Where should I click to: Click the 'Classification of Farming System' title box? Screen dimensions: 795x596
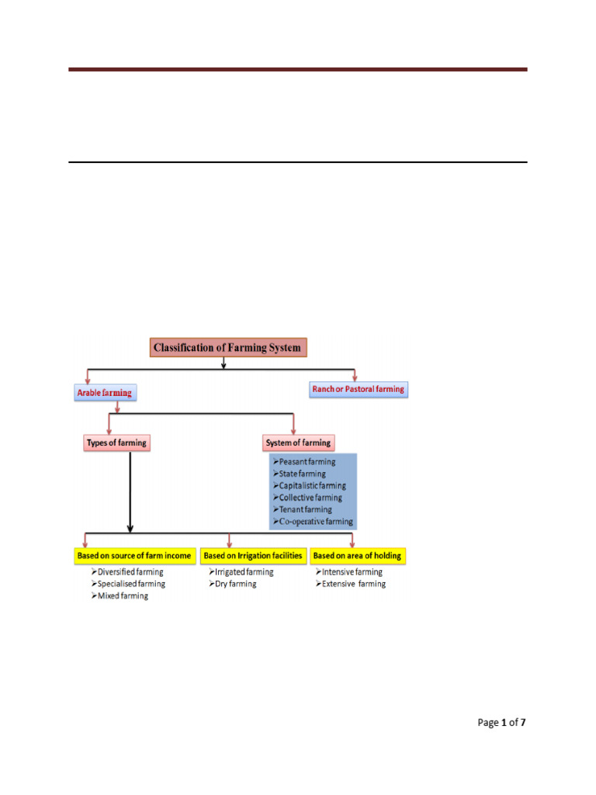pyautogui.click(x=227, y=348)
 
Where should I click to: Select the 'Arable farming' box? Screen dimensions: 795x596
pyautogui.click(x=105, y=393)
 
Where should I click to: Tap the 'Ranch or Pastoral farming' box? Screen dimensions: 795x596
pyautogui.click(x=358, y=389)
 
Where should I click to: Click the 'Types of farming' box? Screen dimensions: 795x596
pyautogui.click(x=116, y=443)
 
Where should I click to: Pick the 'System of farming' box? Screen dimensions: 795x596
pyautogui.click(x=298, y=443)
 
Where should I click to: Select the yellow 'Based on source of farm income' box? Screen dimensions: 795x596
pyautogui.click(x=133, y=556)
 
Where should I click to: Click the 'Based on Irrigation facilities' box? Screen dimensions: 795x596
pyautogui.click(x=252, y=556)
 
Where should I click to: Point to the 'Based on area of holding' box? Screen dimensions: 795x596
pyautogui.click(x=358, y=556)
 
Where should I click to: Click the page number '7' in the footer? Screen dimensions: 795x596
pyautogui.click(x=523, y=723)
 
